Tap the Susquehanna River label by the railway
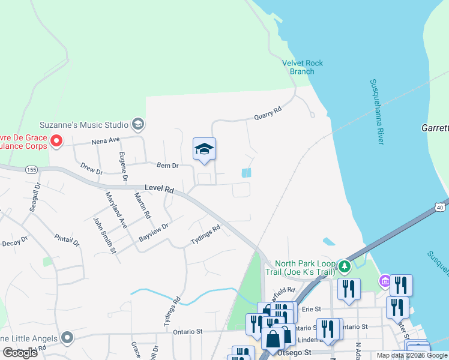[x=376, y=112]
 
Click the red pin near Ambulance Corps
[x=56, y=142]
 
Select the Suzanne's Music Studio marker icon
[x=137, y=125]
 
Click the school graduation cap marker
[x=204, y=149]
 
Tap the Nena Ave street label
[x=106, y=140]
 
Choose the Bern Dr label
[x=167, y=166]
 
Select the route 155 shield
[x=31, y=170]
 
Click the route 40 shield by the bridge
[x=440, y=207]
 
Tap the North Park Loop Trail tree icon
[x=344, y=265]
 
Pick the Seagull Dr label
[x=35, y=197]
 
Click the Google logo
[x=20, y=353]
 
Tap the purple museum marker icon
[x=384, y=281]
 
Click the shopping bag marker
[x=273, y=339]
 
